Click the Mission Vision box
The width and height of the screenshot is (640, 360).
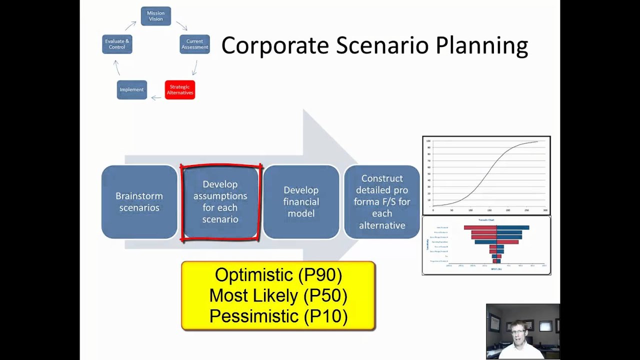pos(155,16)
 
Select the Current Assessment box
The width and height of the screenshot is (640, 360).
pos(194,44)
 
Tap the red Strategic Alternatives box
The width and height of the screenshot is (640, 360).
pos(179,90)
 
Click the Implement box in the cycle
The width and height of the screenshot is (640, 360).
pos(131,90)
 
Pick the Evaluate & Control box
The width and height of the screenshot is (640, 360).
pos(117,44)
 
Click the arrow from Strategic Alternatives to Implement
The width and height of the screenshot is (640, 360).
pos(156,97)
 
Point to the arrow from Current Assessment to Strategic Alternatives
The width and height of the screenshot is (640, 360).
pos(195,67)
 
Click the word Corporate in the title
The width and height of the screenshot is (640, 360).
pos(274,45)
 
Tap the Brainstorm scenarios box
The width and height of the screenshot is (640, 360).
pos(139,202)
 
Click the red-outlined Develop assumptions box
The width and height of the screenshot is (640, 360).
pos(220,202)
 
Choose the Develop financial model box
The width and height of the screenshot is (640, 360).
pos(301,202)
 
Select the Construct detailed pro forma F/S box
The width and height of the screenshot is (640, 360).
pos(382,202)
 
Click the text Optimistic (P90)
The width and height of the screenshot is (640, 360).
pos(278,275)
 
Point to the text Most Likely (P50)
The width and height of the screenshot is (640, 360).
pos(278,295)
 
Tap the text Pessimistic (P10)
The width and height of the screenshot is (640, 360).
pos(278,316)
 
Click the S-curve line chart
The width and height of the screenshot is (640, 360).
pos(486,175)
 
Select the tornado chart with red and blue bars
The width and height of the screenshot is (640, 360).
pos(486,245)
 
